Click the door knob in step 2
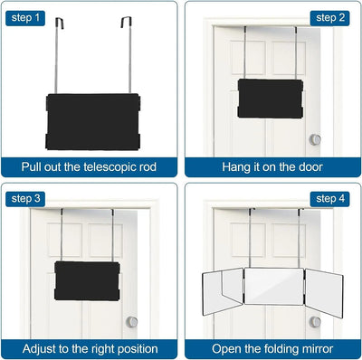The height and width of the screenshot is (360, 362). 316,139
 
